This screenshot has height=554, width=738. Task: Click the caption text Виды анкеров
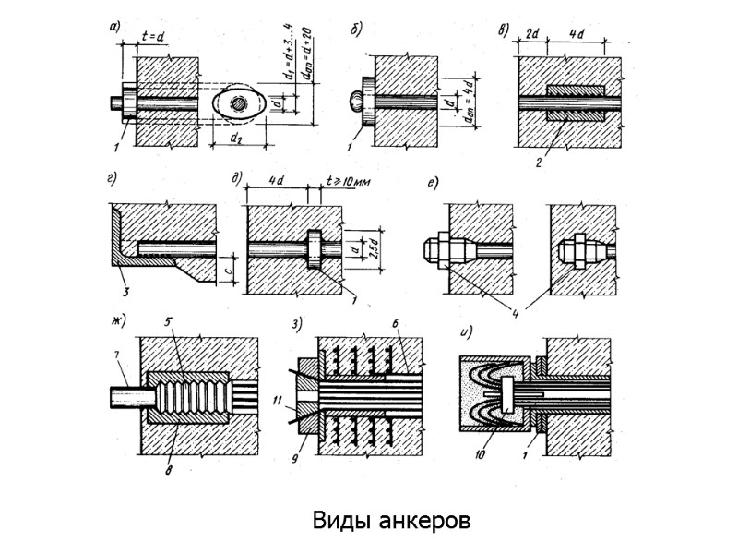[391, 520]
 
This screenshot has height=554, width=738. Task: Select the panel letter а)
[114, 27]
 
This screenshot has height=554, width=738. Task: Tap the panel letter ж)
[117, 321]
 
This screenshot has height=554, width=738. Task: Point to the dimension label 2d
[531, 34]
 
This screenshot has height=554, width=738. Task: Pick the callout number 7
[116, 356]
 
